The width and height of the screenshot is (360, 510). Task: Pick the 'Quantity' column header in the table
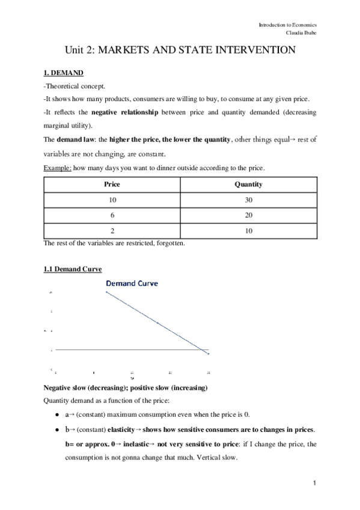click(248, 185)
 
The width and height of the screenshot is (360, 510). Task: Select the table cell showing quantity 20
click(248, 215)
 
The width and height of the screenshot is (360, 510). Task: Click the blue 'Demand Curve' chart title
click(132, 283)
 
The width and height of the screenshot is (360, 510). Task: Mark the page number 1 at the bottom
click(314, 483)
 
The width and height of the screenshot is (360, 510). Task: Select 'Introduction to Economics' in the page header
click(288, 25)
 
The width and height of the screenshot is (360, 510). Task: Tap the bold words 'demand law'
click(72, 140)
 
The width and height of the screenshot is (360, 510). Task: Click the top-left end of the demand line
click(107, 292)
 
